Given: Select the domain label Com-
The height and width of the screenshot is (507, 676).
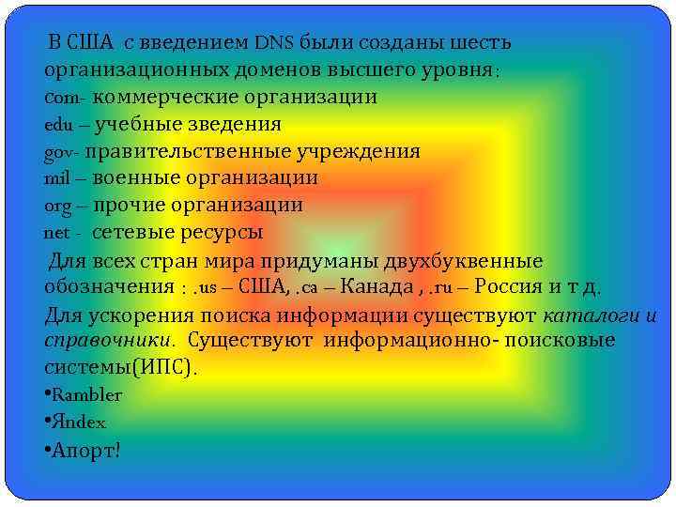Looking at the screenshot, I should (66, 98).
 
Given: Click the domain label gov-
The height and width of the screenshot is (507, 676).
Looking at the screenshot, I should (64, 152).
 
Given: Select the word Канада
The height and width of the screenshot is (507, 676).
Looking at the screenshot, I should (374, 286).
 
